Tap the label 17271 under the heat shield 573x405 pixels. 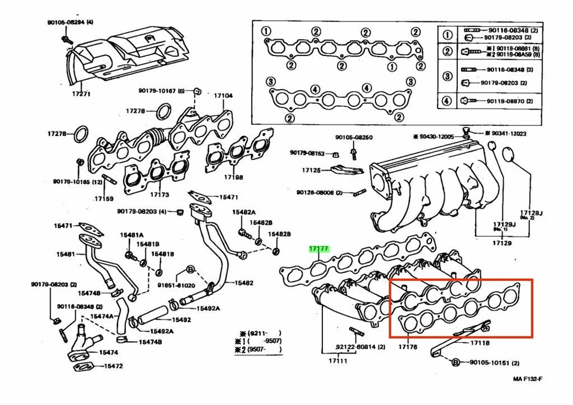(x=82, y=94)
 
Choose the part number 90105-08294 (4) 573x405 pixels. (x=70, y=23)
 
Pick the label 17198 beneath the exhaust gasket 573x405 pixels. (x=233, y=177)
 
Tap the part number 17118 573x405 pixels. (x=479, y=343)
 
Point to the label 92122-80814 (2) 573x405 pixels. (x=360, y=347)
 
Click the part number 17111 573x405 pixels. (x=337, y=360)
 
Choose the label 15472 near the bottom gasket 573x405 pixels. (x=113, y=366)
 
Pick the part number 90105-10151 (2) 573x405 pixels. (x=494, y=362)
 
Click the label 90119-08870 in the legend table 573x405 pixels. (x=506, y=101)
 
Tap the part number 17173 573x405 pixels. (x=159, y=194)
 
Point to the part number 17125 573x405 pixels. (x=311, y=170)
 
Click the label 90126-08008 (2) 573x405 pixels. (x=319, y=192)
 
